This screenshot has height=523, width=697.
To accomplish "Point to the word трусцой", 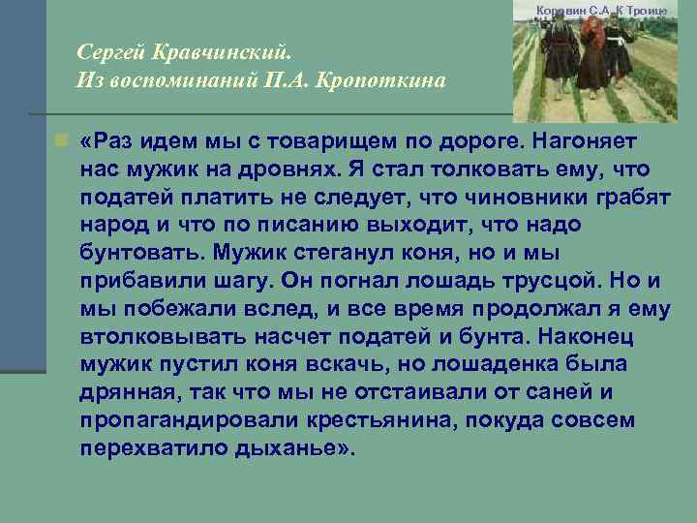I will [519, 282].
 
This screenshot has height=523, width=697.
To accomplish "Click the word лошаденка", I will [506, 366].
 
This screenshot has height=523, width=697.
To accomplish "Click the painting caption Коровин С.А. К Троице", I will [615, 10].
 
